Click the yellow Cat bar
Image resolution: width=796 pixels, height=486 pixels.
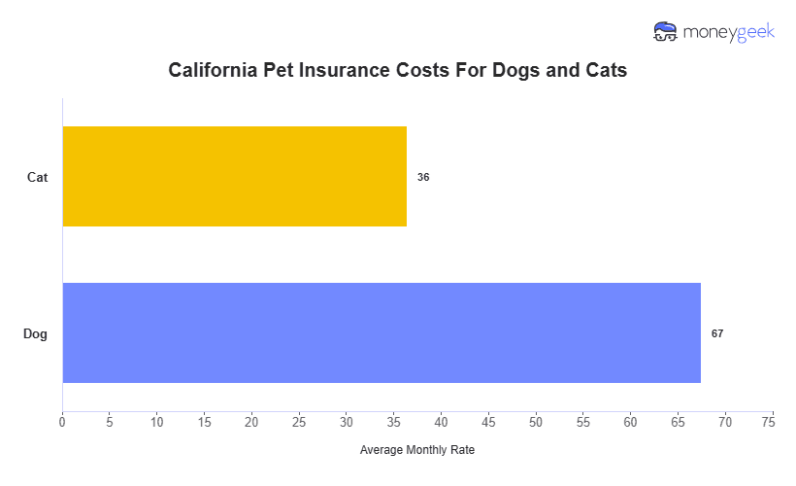pos(234,177)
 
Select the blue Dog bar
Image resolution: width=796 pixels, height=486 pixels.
pos(381,333)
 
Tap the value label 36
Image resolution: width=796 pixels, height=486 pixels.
pos(423,178)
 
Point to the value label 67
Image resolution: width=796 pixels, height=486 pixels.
pos(717,333)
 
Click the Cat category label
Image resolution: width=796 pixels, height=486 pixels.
pos(38,178)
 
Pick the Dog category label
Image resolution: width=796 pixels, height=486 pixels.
pos(36,334)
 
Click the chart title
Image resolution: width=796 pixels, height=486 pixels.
pos(397,71)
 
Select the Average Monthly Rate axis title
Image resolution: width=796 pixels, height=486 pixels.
pos(417,451)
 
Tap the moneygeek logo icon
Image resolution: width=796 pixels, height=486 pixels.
pos(665,31)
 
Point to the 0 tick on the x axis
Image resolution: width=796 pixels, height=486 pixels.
pos(62,423)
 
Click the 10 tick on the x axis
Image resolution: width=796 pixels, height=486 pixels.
pos(157,423)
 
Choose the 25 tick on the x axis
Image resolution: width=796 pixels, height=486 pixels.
pos(299,423)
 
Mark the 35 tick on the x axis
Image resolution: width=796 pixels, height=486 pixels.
pos(394,423)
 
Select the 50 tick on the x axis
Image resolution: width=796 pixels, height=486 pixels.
pos(536,423)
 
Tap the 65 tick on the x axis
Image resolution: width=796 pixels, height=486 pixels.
pos(679,423)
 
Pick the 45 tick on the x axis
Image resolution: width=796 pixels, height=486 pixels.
pos(488,423)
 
